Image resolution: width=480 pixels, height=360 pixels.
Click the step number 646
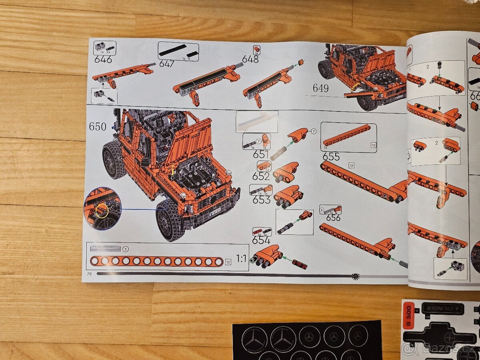tap(103, 60)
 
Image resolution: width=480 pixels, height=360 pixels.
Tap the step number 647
tap(167, 64)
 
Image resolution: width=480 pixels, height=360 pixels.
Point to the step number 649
tap(320, 88)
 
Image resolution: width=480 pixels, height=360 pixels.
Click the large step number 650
tap(98, 127)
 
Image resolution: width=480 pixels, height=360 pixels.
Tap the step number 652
tap(261, 176)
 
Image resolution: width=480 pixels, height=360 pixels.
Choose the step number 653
tap(262, 200)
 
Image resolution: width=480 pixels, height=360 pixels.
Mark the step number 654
tap(261, 240)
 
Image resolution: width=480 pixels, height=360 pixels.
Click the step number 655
tap(331, 156)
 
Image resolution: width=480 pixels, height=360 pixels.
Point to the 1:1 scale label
tap(241, 258)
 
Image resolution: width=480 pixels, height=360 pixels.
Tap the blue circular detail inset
tap(102, 208)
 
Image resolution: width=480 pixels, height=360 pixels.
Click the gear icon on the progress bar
tap(355, 276)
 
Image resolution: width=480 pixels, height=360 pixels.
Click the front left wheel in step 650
tap(170, 220)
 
